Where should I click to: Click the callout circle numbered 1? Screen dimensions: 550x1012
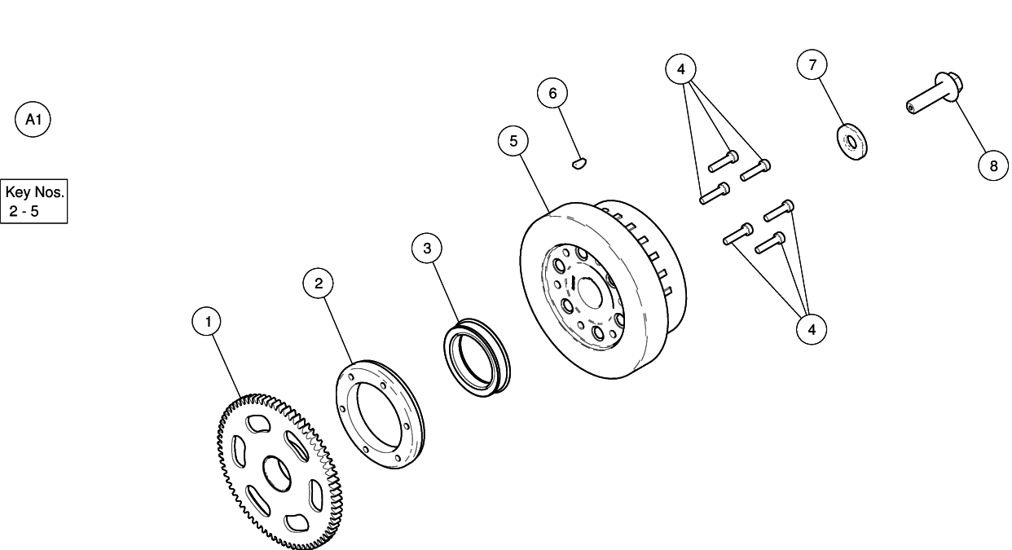[x=208, y=322]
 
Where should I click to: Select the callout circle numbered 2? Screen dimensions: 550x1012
[x=319, y=283]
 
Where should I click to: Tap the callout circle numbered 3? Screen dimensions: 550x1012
[x=427, y=248]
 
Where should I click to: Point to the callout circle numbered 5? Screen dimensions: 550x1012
[x=513, y=140]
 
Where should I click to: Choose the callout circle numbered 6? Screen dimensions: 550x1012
[x=552, y=93]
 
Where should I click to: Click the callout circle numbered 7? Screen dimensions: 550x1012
[x=812, y=64]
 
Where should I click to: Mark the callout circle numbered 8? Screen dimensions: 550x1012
[x=992, y=165]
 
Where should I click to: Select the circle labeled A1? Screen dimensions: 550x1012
[x=33, y=120]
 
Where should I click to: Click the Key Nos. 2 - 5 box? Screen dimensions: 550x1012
[x=33, y=202]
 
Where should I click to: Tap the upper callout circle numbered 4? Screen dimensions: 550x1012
[x=681, y=69]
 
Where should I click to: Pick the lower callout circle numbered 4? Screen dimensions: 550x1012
[x=812, y=328]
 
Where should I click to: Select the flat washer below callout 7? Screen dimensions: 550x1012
[x=852, y=143]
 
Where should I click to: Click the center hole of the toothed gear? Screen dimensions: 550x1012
[x=276, y=473]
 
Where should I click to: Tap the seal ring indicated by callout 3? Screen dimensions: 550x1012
[x=476, y=359]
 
